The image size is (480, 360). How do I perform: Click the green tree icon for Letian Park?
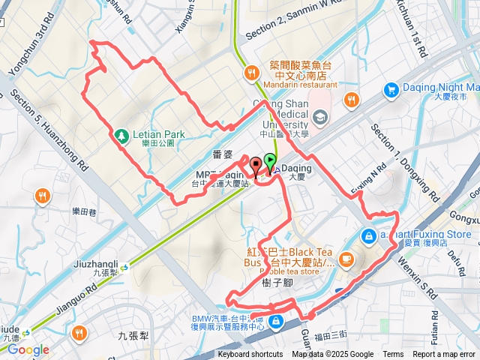coord(121,136)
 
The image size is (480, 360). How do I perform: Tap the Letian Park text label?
coord(153,136)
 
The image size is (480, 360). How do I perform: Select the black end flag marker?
coord(256,166)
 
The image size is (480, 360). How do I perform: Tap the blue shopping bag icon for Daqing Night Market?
coord(390,91)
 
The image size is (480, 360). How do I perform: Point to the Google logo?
coord(28,349)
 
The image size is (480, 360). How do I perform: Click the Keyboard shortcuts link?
coord(250,355)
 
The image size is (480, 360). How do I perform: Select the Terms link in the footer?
coord(393,355)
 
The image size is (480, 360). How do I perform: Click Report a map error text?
coord(444,355)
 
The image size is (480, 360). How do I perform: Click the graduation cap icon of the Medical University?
coord(321,116)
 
